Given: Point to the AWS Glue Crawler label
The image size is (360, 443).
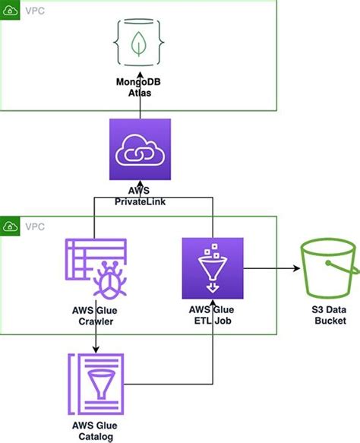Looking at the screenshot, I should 95,315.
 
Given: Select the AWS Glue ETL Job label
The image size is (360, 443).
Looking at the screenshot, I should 212,315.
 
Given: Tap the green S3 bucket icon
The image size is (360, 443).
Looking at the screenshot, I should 328,270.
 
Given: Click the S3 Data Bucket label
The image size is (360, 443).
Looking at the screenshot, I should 328,315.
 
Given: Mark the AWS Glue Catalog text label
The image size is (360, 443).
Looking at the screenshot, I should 95,431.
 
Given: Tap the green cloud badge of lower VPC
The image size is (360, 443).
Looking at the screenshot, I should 10,226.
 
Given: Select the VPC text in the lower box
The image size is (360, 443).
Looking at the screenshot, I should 35,226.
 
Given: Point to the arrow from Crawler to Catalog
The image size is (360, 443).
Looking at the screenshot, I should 95,338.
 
